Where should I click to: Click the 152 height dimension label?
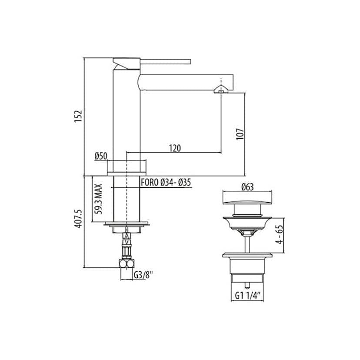pyautogui.click(x=78, y=116)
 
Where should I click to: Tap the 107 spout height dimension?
pyautogui.click(x=240, y=134)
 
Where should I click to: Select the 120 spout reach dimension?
pyautogui.click(x=175, y=148)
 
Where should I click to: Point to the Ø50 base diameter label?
pyautogui.click(x=101, y=157)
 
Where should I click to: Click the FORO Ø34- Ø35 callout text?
pyautogui.click(x=166, y=183)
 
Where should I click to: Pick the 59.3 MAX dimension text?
pyautogui.click(x=99, y=199)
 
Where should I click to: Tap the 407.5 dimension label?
pyautogui.click(x=78, y=218)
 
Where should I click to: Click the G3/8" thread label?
pyautogui.click(x=143, y=275)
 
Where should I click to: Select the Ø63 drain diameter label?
pyautogui.click(x=248, y=187)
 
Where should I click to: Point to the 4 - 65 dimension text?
pyautogui.click(x=280, y=234)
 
